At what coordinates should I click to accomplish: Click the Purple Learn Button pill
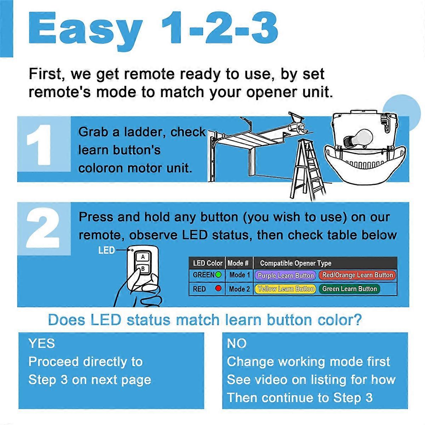click(285, 275)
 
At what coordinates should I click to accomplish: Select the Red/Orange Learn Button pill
click(357, 275)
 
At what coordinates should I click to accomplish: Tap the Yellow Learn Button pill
click(285, 289)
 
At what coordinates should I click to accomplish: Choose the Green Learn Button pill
click(349, 289)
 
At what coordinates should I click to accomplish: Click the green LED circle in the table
click(219, 275)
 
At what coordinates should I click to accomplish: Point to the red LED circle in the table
click(219, 288)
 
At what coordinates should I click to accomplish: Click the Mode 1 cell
click(239, 275)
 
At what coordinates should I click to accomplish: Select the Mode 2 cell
click(239, 289)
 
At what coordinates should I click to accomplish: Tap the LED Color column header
click(208, 263)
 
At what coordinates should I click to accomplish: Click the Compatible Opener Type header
click(295, 263)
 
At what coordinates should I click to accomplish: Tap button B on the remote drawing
click(143, 269)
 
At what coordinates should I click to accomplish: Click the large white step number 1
click(40, 145)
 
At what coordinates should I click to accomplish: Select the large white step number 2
click(43, 228)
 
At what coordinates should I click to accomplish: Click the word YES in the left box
click(42, 344)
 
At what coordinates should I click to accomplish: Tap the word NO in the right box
click(237, 344)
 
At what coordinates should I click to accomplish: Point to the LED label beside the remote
click(107, 250)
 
